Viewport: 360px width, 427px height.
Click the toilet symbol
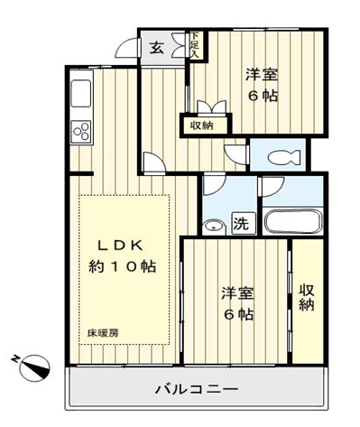coord(284,157)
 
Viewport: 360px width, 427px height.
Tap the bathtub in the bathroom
coord(292,221)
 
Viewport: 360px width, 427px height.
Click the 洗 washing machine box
coord(243,223)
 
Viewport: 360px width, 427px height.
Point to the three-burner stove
coord(81,133)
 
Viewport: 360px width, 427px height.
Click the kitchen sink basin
coord(80,93)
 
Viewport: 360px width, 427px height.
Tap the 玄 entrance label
coord(157,48)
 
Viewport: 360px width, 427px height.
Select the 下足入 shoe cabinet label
coord(195,45)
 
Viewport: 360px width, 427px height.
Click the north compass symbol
coord(32,367)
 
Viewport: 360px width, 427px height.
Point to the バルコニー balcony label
coord(196,390)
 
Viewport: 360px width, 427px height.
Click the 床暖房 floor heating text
coord(103,333)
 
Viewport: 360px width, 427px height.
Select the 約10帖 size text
coord(122,266)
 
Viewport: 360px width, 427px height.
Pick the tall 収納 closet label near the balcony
coord(307,297)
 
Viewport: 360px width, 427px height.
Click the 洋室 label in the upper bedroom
coord(262,75)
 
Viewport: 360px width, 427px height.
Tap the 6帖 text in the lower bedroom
coord(237,315)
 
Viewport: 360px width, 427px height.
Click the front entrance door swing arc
coord(126,47)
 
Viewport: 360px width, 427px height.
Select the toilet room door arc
coord(236,155)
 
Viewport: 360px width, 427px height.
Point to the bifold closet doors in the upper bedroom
coord(211,107)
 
